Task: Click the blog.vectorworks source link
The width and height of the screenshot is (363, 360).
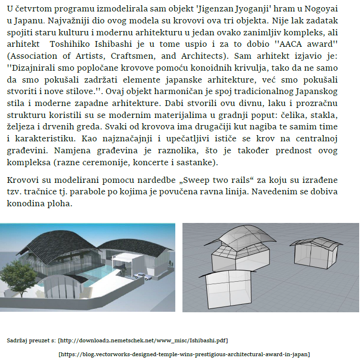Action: tap(184, 354)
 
